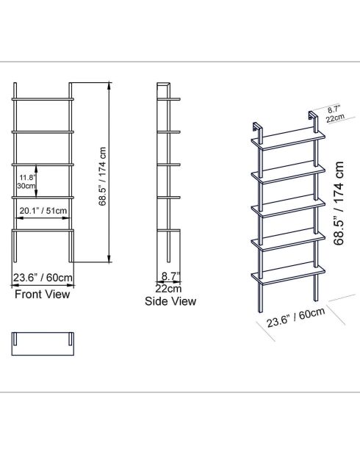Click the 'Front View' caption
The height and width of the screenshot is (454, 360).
point(43,295)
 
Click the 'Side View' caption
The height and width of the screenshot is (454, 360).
point(170,301)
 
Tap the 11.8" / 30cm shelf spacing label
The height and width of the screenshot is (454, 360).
point(26,181)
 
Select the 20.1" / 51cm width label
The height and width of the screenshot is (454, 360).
point(43,211)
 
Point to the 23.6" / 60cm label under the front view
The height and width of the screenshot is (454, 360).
point(43,278)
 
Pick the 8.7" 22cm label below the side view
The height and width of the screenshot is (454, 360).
point(170,283)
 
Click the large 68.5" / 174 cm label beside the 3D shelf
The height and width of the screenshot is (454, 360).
point(339,203)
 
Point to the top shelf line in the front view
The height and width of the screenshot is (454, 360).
point(43,98)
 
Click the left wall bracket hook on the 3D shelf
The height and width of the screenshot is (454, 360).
point(257,126)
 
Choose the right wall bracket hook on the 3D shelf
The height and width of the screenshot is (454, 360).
point(312,116)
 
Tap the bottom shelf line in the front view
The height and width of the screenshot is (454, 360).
point(43,230)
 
